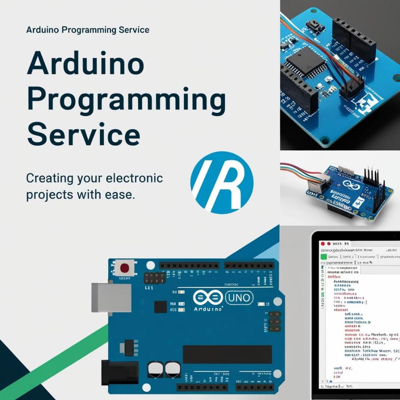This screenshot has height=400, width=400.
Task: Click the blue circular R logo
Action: pos(221,182)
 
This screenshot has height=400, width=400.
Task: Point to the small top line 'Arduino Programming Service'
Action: pos(87,30)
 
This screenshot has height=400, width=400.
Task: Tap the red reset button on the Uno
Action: pos(125,268)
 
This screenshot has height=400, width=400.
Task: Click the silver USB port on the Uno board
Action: pos(111,298)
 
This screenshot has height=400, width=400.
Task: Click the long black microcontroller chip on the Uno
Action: pos(227,354)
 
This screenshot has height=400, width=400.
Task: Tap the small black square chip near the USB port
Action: pos(161,307)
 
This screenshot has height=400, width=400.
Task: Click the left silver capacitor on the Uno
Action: pos(154,369)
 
